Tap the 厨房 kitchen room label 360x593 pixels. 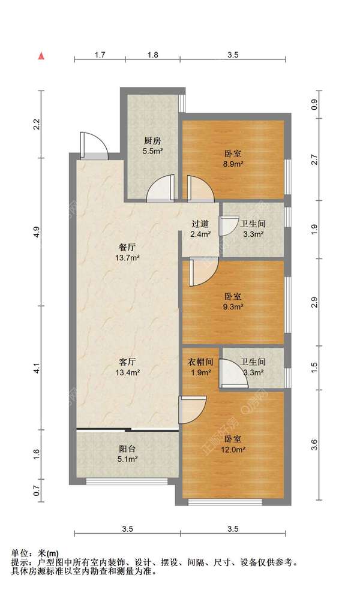152,141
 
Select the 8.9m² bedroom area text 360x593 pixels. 233,164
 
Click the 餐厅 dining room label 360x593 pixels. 127,248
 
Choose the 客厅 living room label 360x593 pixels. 127,362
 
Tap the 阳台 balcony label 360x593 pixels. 127,449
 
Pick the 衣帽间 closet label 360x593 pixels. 200,362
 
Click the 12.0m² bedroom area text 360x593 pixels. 233,450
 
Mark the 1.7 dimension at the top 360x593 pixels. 100,55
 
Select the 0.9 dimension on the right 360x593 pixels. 314,104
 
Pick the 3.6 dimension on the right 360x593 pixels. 314,445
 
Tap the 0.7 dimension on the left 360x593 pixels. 37,491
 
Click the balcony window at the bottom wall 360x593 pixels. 127,481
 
